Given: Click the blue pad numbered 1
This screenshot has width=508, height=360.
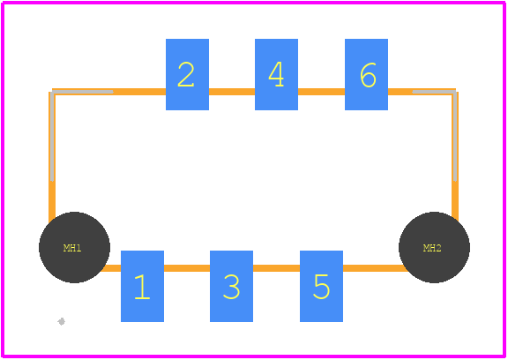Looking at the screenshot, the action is [142, 286].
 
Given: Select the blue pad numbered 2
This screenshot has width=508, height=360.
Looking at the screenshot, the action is [187, 74].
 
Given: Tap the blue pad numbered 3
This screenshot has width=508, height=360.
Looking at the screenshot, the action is [231, 286].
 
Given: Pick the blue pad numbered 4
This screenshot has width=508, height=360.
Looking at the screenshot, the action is [276, 74].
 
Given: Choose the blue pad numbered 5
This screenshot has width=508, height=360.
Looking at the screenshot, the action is [321, 286].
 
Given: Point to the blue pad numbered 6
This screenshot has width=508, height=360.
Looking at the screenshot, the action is [366, 74].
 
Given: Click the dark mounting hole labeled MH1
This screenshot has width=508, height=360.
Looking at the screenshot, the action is [74, 248].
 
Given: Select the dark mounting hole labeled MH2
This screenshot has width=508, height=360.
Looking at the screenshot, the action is [435, 248].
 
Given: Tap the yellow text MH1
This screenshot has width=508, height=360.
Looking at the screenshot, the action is [72, 248].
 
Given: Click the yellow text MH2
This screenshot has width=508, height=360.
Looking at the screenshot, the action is [432, 248].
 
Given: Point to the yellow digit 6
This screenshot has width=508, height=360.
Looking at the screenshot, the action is [368, 75].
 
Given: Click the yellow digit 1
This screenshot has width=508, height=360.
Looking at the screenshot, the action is [142, 287].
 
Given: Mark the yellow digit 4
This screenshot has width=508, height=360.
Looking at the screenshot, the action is [276, 74].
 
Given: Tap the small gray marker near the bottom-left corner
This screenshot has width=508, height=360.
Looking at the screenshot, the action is [61, 321].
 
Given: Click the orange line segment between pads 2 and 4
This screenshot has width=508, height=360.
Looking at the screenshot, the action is [232, 92].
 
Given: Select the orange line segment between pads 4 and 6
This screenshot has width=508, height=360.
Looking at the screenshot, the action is [321, 92].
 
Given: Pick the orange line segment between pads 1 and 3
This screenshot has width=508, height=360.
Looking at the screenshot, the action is [187, 268].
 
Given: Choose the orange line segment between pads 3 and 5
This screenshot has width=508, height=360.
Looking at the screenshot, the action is [276, 268].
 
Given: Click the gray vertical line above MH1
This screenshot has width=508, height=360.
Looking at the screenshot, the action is [52, 136].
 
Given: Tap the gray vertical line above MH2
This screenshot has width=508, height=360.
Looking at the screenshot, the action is [455, 136].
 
